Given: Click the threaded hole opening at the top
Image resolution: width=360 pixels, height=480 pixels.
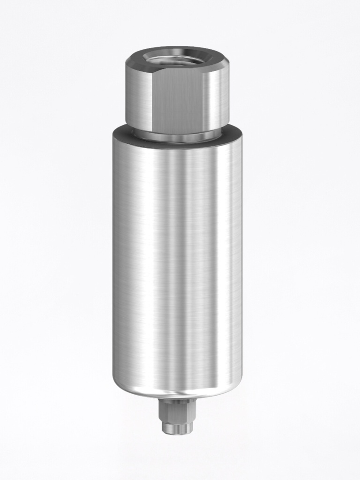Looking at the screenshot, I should pyautogui.click(x=177, y=59).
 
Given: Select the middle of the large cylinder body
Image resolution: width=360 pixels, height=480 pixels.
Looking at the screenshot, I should pyautogui.click(x=177, y=262).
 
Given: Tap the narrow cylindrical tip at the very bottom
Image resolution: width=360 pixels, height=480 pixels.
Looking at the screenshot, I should pyautogui.click(x=177, y=427).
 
